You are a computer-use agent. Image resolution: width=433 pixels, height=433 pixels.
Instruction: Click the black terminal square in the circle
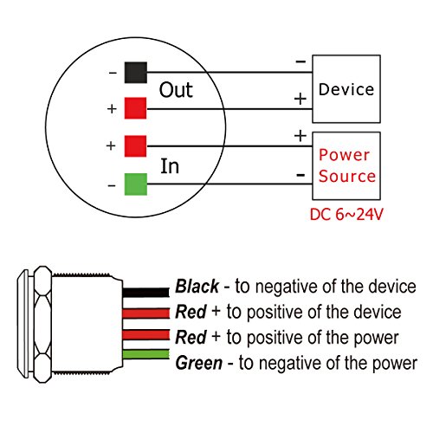click(x=133, y=72)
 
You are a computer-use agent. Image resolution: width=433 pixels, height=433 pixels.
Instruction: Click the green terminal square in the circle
click(x=133, y=184)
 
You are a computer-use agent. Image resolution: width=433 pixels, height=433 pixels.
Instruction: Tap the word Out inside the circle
click(x=176, y=91)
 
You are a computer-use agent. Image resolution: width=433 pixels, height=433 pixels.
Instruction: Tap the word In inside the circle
click(x=171, y=165)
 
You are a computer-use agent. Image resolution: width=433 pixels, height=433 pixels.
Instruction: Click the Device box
click(x=346, y=90)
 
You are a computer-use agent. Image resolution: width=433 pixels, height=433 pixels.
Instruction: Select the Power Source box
click(x=346, y=165)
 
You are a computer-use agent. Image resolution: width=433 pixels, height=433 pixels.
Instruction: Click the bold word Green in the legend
click(x=198, y=363)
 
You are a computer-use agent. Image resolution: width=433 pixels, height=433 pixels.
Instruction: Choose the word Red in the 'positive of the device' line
click(x=190, y=312)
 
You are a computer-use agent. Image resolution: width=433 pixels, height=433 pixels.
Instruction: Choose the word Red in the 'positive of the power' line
click(x=190, y=338)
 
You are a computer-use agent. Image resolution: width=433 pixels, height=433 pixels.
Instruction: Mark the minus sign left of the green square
click(x=112, y=184)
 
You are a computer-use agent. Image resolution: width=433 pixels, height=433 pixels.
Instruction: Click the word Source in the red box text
click(x=346, y=176)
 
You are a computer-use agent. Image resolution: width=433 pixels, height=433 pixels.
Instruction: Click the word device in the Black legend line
click(x=390, y=287)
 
